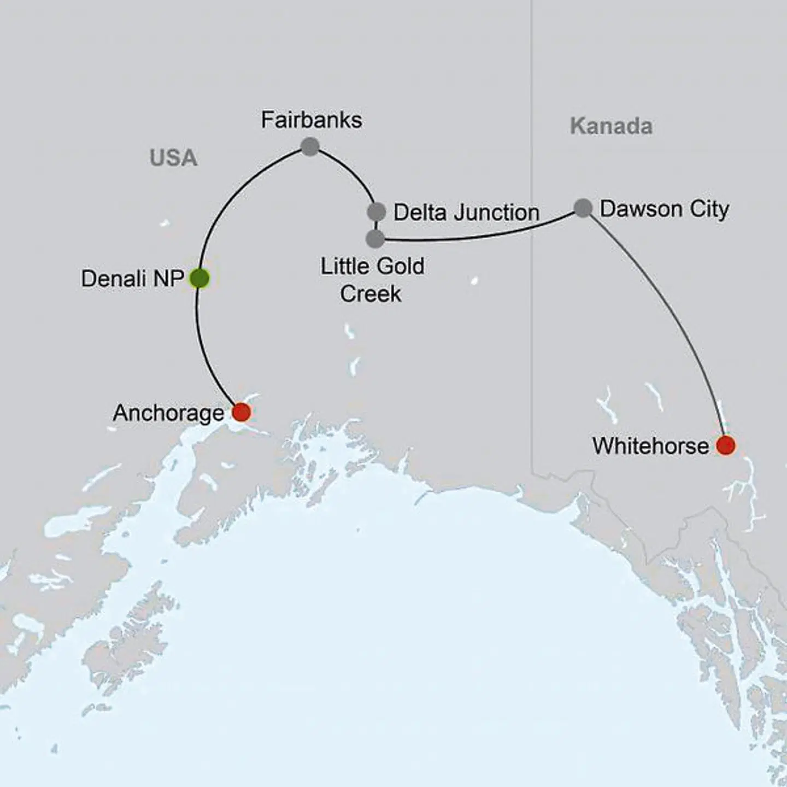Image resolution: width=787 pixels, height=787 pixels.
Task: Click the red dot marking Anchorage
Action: (241, 412)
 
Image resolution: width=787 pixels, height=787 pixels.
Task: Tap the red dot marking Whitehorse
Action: (725, 445)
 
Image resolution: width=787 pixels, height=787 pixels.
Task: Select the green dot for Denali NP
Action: (199, 279)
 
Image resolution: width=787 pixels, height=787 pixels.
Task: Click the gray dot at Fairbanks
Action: (310, 146)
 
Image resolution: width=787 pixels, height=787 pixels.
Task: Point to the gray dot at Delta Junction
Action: (377, 212)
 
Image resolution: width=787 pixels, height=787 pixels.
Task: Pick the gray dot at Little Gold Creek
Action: (375, 239)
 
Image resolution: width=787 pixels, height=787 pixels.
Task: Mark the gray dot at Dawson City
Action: (583, 208)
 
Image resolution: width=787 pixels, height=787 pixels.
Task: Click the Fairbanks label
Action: (311, 120)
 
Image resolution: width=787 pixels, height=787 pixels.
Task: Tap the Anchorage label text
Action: (168, 413)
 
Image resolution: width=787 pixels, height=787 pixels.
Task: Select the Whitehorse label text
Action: (650, 447)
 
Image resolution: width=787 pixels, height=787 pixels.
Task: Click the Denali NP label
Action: (132, 279)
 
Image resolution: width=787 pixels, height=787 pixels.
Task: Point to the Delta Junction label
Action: (466, 213)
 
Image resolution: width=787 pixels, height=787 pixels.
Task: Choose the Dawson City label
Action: (664, 209)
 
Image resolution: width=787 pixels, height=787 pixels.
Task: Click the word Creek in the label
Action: (371, 294)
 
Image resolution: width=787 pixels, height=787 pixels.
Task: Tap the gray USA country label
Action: (173, 158)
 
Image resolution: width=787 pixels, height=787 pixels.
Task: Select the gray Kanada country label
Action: (611, 126)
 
